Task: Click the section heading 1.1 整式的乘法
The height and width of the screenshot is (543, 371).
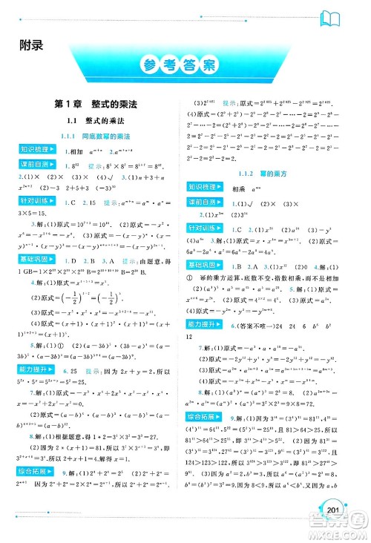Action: tap(97, 121)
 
